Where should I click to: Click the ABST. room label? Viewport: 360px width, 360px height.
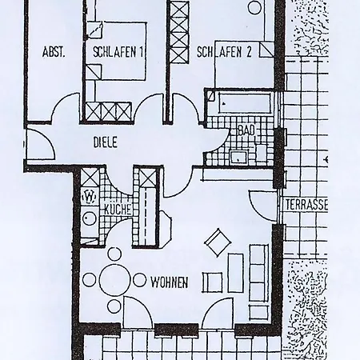(x=54, y=52)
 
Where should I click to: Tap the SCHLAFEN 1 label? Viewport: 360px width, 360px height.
(x=118, y=52)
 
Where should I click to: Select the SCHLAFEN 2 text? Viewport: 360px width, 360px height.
(x=224, y=52)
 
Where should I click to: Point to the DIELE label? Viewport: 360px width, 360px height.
(x=105, y=142)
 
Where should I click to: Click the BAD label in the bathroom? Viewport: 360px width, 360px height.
(x=246, y=130)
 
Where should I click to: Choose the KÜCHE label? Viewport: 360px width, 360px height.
(x=118, y=210)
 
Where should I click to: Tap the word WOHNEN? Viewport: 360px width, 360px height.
(x=170, y=282)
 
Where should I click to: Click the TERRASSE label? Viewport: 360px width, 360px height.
(x=306, y=205)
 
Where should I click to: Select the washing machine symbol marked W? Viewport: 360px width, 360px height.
(x=90, y=198)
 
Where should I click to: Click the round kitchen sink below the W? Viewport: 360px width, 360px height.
(x=89, y=219)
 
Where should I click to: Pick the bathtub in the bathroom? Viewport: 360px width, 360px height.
(x=245, y=103)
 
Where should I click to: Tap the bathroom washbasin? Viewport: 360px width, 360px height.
(x=239, y=157)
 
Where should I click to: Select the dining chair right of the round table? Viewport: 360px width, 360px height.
(x=139, y=280)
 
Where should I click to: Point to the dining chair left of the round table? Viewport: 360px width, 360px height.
(x=89, y=280)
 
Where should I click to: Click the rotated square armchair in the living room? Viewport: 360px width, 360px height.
(x=218, y=242)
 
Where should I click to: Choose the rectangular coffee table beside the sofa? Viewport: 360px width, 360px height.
(x=236, y=273)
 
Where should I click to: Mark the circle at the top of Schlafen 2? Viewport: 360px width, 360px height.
(x=254, y=7)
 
